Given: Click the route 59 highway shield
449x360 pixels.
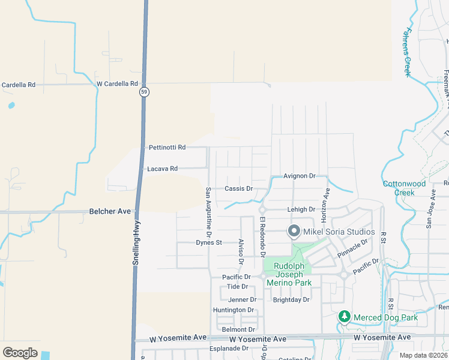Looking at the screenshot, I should pyautogui.click(x=143, y=92).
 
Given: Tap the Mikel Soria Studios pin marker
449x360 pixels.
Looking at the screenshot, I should pyautogui.click(x=294, y=231).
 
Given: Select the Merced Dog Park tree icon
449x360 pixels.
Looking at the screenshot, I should pyautogui.click(x=344, y=316).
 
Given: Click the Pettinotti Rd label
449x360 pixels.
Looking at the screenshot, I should pyautogui.click(x=167, y=147).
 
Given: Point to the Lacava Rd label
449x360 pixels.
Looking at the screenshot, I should pyautogui.click(x=162, y=169).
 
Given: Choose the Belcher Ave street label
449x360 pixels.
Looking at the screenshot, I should pyautogui.click(x=110, y=211).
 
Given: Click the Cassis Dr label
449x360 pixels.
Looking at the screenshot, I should pyautogui.click(x=239, y=188).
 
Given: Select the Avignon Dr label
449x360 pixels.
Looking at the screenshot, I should pyautogui.click(x=300, y=176).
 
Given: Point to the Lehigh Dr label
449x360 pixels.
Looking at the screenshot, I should pyautogui.click(x=301, y=209).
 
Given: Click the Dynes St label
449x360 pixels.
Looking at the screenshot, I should pyautogui.click(x=209, y=243).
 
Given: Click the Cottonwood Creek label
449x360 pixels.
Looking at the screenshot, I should pyautogui.click(x=405, y=188).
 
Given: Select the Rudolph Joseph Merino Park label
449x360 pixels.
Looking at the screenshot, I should pyautogui.click(x=292, y=274).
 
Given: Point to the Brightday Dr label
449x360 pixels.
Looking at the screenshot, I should pyautogui.click(x=291, y=299).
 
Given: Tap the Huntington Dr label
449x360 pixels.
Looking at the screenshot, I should pyautogui.click(x=234, y=310).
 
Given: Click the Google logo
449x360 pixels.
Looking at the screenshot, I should pyautogui.click(x=20, y=353).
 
